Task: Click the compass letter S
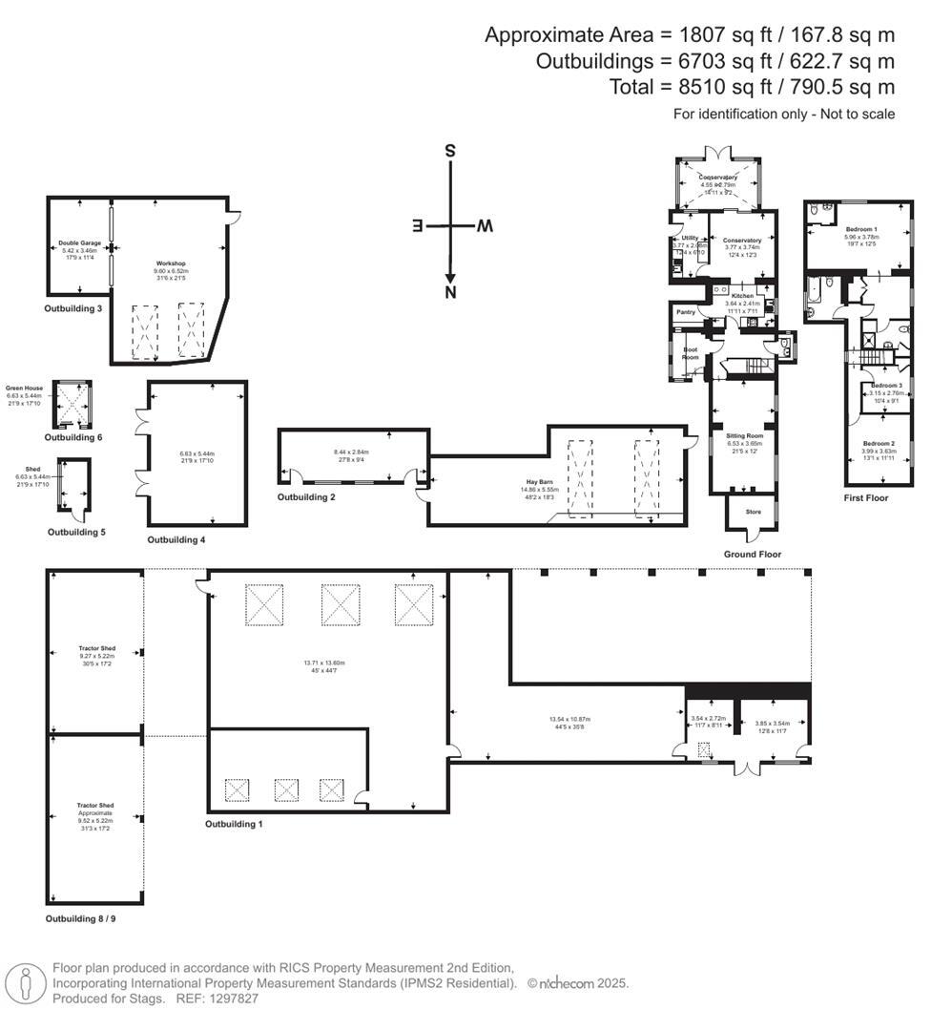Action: [450, 151]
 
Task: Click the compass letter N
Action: [450, 293]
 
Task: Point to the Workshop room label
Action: [171, 263]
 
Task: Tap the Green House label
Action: [26, 389]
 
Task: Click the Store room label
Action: [753, 513]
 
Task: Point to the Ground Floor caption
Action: [753, 555]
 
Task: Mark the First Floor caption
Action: [866, 497]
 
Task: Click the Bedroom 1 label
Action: [861, 230]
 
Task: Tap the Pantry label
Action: [685, 312]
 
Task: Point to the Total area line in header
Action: [752, 87]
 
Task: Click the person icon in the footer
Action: [26, 983]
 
